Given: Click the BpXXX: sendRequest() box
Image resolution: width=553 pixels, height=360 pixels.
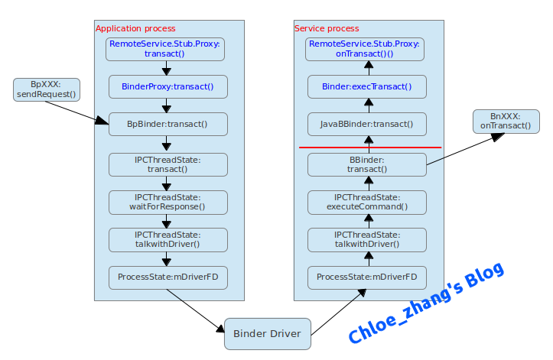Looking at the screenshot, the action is pos(47,89).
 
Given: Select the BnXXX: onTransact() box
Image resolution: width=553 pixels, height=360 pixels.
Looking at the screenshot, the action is pos(506,122).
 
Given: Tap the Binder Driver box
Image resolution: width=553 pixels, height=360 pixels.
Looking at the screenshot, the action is pos(268,334).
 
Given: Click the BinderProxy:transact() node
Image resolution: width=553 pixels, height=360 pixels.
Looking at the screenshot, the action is pos(168,86).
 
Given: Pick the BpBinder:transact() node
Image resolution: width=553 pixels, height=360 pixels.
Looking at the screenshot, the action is pos(168,124).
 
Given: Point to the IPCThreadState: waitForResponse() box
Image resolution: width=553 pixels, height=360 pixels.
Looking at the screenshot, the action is pos(168,203).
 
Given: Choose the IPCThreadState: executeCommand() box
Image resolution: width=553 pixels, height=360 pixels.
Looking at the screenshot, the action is pos(367,203).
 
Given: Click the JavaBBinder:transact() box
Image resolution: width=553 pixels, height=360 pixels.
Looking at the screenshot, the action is pos(367,124).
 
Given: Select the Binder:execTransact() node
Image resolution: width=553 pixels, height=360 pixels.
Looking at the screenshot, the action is pos(367,86).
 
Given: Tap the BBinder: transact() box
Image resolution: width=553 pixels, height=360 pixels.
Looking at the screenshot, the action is pos(367,164).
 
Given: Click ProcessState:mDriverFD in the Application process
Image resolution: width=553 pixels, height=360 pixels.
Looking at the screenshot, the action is pos(168,277).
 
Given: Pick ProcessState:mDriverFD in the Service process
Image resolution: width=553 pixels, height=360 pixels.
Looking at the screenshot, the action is pos(367,277).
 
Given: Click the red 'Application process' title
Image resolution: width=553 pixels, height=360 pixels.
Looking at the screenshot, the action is pos(135,28).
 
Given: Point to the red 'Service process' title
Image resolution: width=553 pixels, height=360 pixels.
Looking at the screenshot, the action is pos(327,28).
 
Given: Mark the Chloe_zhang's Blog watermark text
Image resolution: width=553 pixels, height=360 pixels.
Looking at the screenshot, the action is pos(426,303).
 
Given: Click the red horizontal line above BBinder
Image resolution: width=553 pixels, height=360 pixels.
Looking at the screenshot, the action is pos(370,148).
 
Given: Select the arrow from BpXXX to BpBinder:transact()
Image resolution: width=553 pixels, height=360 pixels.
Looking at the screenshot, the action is pos(77,113).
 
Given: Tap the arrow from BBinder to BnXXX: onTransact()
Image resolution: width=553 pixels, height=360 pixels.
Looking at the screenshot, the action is pos(466,149).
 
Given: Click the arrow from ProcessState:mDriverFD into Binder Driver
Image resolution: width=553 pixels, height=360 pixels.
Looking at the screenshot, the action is pos(195,310).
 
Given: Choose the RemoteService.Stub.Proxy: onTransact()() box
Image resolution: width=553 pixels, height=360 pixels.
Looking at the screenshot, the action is pos(365,49).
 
